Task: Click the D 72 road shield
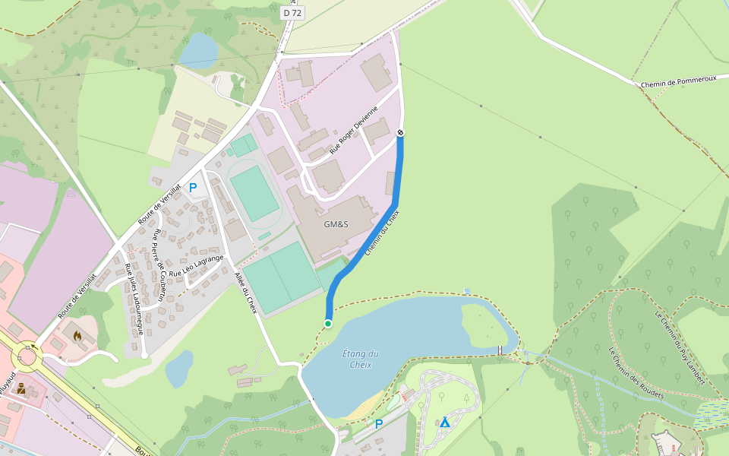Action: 292,12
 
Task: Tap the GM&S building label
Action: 336,224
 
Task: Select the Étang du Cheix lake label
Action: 361,359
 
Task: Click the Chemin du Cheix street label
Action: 382,233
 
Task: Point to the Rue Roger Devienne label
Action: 354,131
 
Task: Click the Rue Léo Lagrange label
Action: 197,265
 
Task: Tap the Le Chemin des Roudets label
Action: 636,373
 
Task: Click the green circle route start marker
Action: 328,324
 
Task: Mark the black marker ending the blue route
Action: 400,133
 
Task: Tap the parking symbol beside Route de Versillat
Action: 193,187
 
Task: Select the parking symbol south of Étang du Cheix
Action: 378,424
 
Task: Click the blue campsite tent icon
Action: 445,422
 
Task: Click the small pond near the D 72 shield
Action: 198,50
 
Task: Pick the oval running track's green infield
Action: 254,194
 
